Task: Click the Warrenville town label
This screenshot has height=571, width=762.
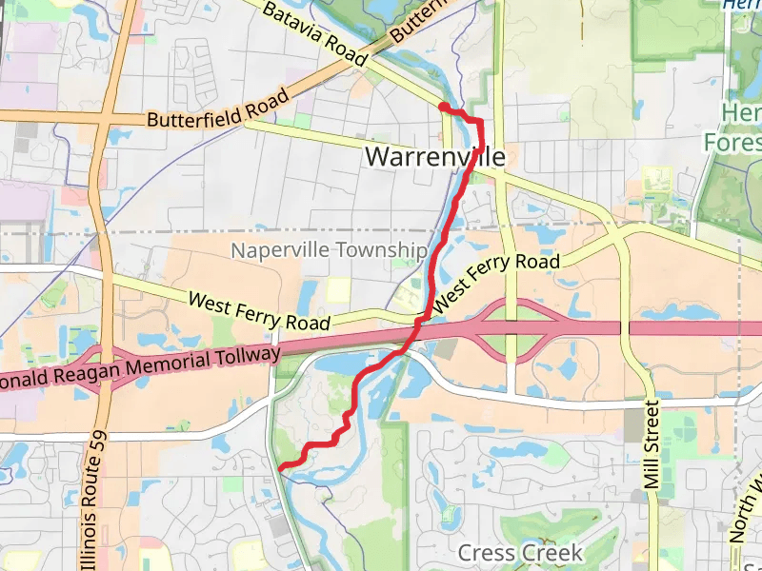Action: (x=435, y=156)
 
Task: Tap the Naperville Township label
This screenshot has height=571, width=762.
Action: (x=330, y=250)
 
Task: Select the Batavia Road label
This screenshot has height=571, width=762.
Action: (x=313, y=33)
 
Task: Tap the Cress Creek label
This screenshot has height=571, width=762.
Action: (x=519, y=553)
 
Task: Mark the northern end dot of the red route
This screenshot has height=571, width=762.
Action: (x=444, y=107)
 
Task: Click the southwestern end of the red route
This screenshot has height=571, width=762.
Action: (x=282, y=466)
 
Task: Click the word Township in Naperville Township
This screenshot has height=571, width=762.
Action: (x=386, y=250)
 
